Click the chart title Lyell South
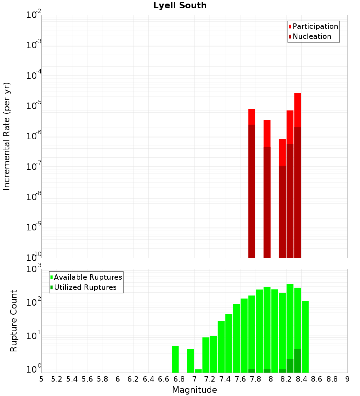point(180,6)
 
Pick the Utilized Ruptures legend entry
point(85,287)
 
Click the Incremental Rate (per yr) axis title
point(7,136)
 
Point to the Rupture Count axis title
point(14,320)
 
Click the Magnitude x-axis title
point(194,390)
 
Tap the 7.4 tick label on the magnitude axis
point(225,379)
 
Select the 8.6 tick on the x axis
point(317,379)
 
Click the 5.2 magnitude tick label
point(57,379)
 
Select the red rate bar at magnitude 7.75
point(252,117)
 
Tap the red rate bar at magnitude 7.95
point(267,133)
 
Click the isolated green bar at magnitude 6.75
point(175,359)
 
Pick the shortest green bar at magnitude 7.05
point(198,371)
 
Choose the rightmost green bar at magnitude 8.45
point(305,337)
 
